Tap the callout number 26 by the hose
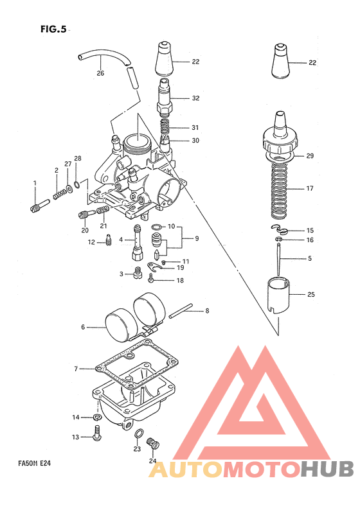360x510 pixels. tap(100, 73)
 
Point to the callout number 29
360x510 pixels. tap(310, 155)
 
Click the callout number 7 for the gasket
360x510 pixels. tap(76, 369)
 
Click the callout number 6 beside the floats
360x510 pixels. tap(83, 327)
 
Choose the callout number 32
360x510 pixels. tap(195, 98)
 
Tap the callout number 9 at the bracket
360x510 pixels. tap(197, 238)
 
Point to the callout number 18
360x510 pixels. tap(179, 281)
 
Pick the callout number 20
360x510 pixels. tap(84, 231)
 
